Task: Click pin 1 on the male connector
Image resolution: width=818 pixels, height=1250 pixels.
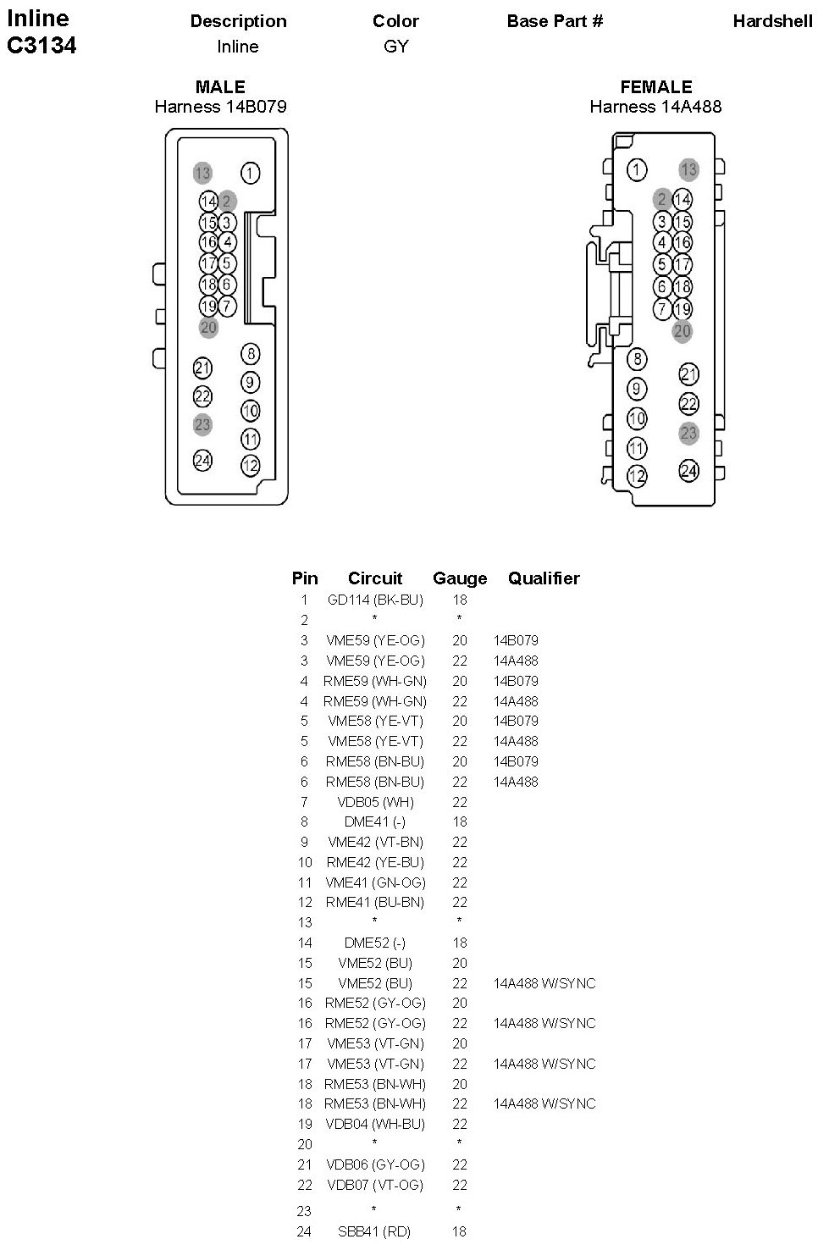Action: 250,173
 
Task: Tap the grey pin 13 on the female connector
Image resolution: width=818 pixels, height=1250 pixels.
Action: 689,169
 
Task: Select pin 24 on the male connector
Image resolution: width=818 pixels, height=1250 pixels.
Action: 202,460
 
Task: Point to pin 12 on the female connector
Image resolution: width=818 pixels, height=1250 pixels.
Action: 637,476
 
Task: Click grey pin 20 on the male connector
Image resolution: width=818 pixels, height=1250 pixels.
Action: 208,327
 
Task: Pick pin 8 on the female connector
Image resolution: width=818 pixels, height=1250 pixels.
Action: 637,359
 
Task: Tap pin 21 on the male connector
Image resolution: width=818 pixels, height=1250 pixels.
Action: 202,368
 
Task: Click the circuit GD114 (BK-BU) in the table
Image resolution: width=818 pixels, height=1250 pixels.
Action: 375,600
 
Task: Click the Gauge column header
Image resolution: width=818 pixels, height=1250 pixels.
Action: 460,578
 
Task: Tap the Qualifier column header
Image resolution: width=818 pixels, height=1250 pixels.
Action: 544,578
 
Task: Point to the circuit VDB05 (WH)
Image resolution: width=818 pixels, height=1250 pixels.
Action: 374,802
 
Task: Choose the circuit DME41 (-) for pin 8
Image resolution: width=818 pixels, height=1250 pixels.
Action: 374,821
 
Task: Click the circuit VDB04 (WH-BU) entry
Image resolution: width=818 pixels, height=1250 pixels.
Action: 375,1124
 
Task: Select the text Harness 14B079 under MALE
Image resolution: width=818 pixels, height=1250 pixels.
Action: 220,107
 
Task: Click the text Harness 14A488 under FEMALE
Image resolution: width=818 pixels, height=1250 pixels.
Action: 655,107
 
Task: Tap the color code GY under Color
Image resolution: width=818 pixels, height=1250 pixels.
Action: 395,47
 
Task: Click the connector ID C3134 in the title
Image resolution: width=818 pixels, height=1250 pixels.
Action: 41,46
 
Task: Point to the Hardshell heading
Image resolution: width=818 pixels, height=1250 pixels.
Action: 772,22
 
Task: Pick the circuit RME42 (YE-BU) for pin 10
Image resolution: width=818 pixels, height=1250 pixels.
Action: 375,862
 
